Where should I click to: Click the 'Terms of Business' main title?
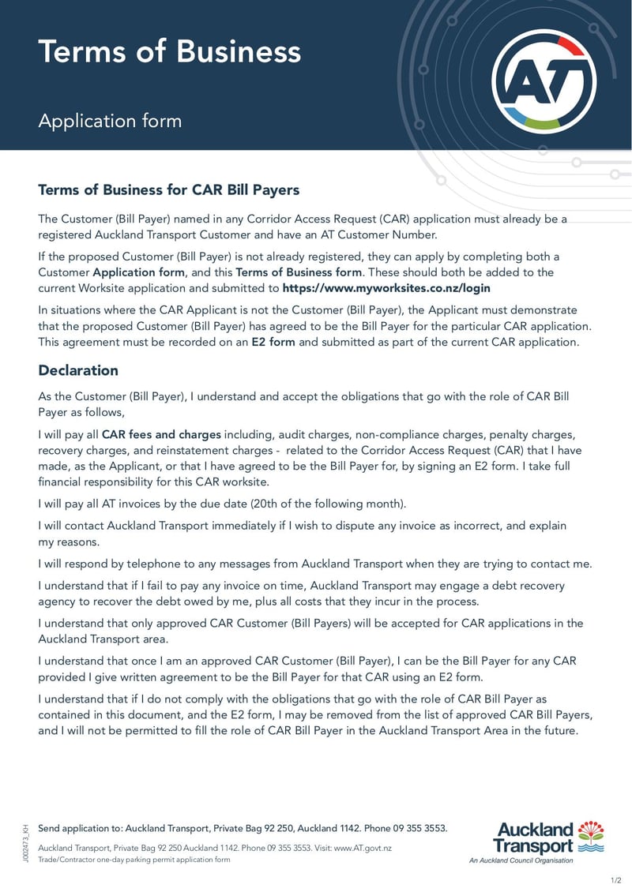tap(169, 51)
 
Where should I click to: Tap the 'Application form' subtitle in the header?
tap(110, 121)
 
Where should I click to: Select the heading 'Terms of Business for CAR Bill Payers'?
tap(168, 190)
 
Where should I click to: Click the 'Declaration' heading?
tap(78, 370)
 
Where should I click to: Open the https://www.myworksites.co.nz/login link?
tap(386, 288)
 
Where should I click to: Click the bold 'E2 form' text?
tap(273, 342)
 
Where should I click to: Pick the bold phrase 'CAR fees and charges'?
tap(162, 435)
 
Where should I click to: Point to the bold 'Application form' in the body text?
tap(138, 272)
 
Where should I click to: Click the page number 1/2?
tap(615, 879)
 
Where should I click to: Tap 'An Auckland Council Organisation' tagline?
tap(521, 860)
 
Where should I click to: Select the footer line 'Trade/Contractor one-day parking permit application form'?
tap(134, 859)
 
